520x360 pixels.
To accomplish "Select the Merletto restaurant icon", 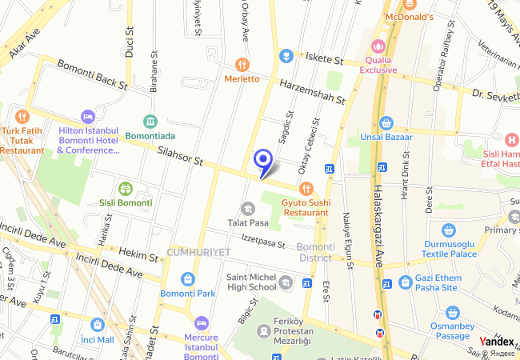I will click(x=242, y=64).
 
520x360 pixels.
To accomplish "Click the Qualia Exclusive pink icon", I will click(x=378, y=46).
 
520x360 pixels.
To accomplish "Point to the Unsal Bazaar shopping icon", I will click(x=387, y=122).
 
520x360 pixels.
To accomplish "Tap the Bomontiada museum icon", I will click(x=150, y=122).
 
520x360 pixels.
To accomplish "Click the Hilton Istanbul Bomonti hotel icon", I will click(x=87, y=117).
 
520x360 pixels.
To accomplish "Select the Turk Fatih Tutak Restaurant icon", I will click(x=22, y=116).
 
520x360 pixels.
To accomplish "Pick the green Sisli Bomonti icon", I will click(x=125, y=189).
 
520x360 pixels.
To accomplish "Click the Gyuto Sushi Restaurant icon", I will click(x=306, y=189).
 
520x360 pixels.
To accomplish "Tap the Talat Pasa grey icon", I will click(x=247, y=209).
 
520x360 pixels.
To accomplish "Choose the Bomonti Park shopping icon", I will click(x=187, y=279).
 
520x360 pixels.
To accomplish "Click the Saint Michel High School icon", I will click(x=286, y=282).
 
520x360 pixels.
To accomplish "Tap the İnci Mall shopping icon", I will click(x=98, y=325).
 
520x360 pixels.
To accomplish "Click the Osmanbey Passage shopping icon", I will click(x=453, y=312).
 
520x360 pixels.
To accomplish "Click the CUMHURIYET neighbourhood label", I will click(x=198, y=252).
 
